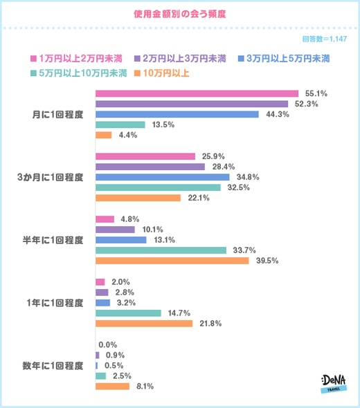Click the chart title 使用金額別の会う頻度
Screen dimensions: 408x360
[179, 13]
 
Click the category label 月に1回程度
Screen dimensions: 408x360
[64, 114]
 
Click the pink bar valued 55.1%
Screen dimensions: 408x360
[196, 93]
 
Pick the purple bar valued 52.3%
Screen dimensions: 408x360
[191, 104]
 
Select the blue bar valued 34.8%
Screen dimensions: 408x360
[161, 177]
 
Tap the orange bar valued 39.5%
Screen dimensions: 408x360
[171, 261]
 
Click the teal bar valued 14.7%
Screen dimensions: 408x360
[127, 313]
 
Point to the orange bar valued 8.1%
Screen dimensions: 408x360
[112, 386]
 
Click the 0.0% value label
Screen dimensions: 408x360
[108, 344]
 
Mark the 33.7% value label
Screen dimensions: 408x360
[242, 250]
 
